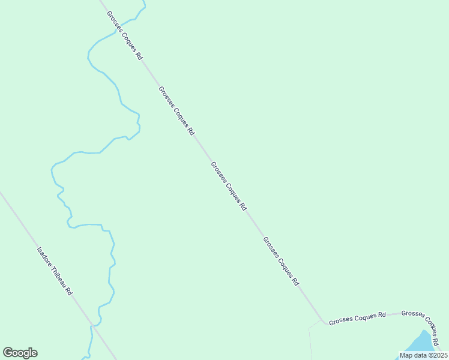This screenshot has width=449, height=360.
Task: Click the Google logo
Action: pos(20,353)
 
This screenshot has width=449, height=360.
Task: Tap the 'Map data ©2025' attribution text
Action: pos(423,355)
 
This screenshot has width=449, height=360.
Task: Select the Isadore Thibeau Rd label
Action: pos(55,271)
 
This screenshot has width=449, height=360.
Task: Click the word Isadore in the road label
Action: pos(43,256)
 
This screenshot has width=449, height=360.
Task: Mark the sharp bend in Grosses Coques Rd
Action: pos(325,322)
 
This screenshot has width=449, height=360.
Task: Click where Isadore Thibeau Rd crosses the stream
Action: pos(92,326)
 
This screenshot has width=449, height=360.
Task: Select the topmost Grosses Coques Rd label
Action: pos(125,35)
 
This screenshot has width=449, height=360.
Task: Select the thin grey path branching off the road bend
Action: pos(310,339)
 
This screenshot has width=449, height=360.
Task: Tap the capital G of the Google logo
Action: pos(8,352)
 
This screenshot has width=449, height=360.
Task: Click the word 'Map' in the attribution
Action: pos(406,355)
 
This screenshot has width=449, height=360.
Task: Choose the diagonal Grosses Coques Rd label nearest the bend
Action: pos(281,260)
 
